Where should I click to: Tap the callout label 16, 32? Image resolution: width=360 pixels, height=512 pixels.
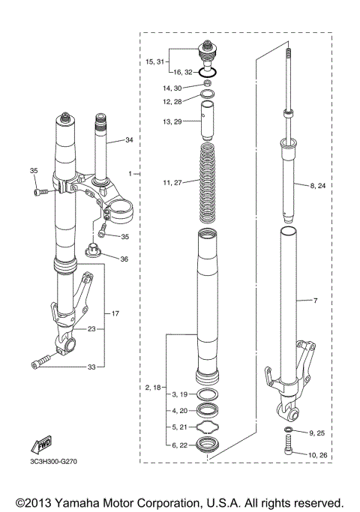[x=184, y=72]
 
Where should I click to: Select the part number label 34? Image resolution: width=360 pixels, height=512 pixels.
[x=129, y=140]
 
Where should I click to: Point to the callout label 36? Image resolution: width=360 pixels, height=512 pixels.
[x=124, y=259]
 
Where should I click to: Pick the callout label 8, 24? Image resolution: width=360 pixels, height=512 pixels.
[x=317, y=185]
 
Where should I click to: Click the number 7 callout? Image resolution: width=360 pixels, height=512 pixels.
[x=315, y=301]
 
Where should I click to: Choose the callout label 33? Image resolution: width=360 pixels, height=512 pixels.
[x=91, y=367]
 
